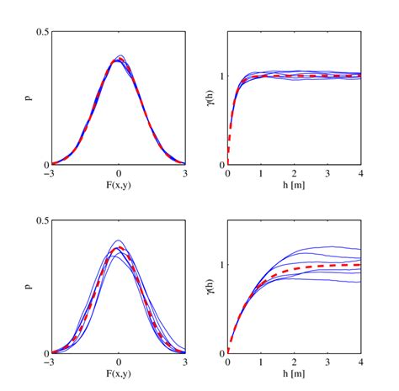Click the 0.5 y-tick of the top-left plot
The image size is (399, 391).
pos(43,32)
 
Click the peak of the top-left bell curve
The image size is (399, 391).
pos(119,60)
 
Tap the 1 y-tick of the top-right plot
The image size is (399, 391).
pos(221,76)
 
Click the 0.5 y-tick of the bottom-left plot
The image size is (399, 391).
pos(43,220)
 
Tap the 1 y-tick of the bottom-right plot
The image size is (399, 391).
pos(221,264)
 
